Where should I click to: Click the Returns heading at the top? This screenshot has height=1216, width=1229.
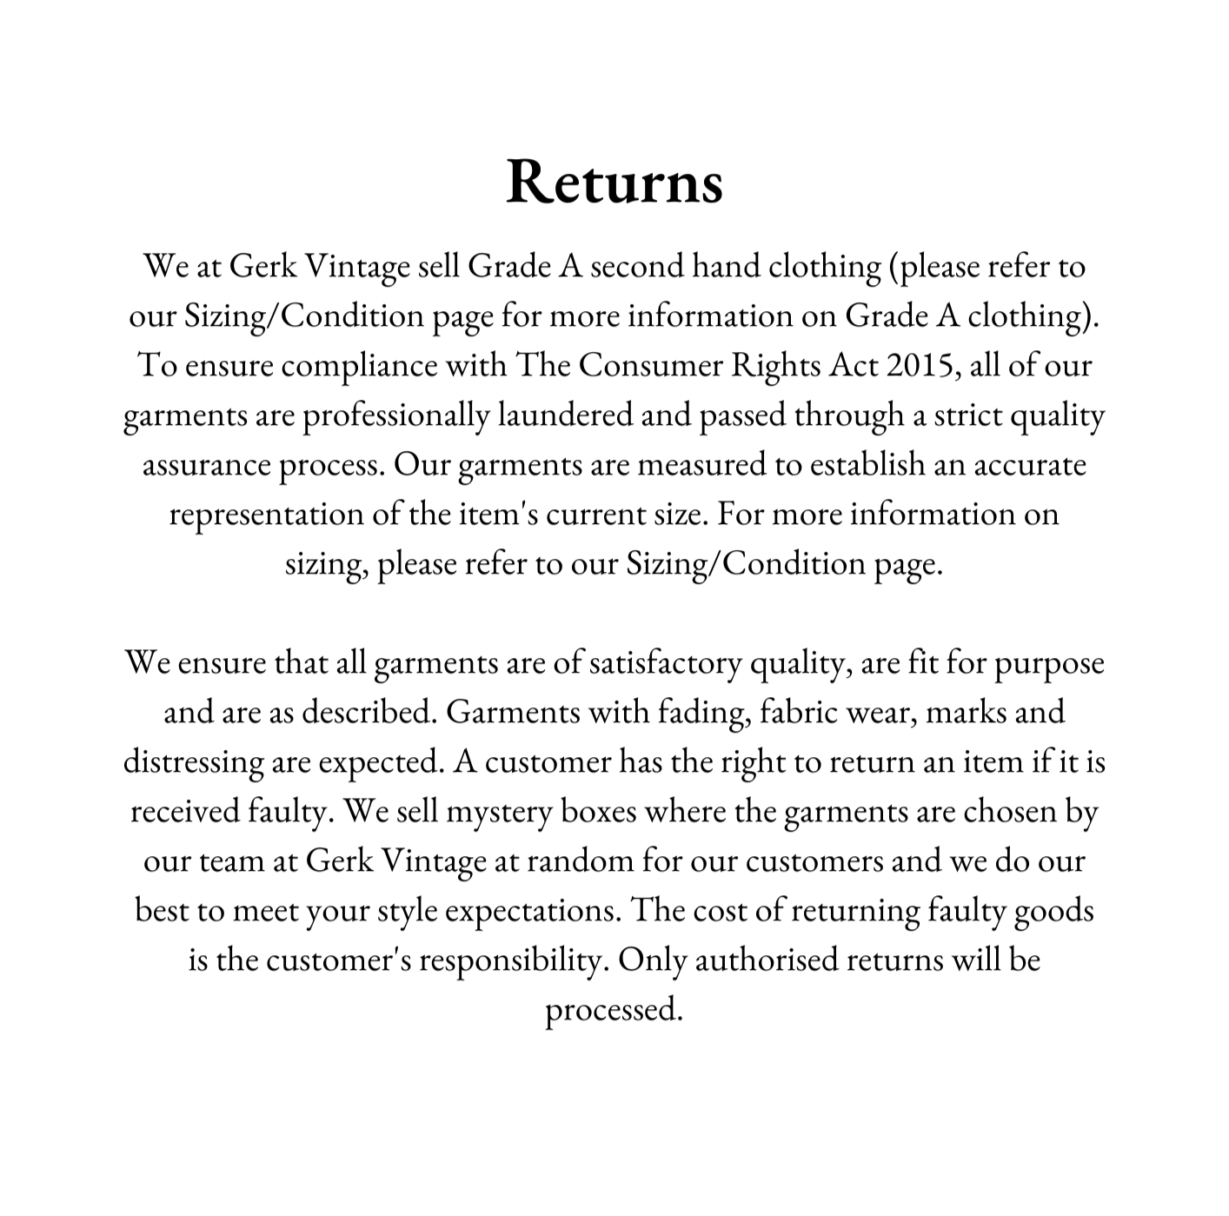(614, 182)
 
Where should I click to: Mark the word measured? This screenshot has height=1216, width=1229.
(701, 465)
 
